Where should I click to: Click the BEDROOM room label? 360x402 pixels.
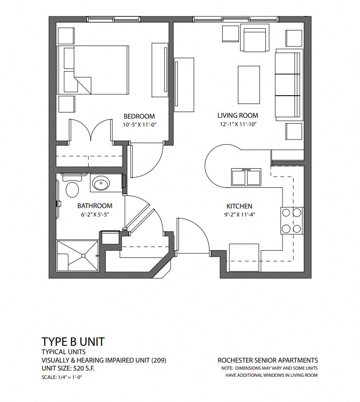coord(139,116)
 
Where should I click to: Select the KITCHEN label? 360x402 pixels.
coord(239,206)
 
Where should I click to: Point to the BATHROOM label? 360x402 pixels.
coord(95,205)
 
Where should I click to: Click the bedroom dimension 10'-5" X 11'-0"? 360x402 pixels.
coord(140,125)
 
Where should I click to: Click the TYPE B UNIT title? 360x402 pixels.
coord(73,341)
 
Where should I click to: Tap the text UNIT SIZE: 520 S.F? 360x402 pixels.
coord(68,368)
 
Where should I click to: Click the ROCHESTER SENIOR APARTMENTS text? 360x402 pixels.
coord(267,360)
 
